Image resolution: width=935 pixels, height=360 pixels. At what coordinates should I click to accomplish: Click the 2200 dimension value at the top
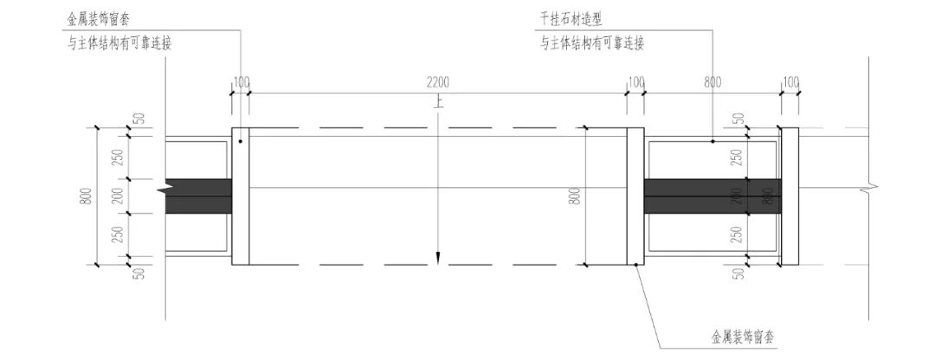(x=438, y=83)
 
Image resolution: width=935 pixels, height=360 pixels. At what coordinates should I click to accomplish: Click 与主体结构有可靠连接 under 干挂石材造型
(x=592, y=42)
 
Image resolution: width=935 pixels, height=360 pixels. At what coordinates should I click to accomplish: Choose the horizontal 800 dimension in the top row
(x=712, y=83)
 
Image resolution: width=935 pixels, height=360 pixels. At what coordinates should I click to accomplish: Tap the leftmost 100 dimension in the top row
(x=241, y=83)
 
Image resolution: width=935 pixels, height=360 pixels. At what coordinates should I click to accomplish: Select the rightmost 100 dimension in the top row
(x=790, y=83)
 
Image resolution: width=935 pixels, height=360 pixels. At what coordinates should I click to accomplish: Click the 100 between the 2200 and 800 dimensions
(x=635, y=83)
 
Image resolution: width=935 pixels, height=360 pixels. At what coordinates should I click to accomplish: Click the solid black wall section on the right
(x=712, y=196)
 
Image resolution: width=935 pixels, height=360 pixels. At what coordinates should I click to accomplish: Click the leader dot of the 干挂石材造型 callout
(x=713, y=141)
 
